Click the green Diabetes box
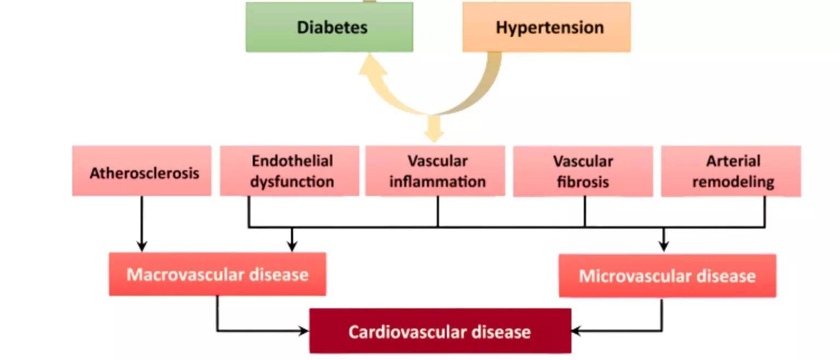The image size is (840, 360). [329, 27]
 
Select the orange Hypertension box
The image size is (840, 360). [546, 27]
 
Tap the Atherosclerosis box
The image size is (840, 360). [142, 171]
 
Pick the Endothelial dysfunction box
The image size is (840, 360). [289, 171]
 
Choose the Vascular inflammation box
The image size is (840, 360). [435, 171]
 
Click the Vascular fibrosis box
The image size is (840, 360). [583, 171]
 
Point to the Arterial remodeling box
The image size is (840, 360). [731, 171]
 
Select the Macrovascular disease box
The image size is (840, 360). [217, 274]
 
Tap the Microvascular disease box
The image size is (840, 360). [667, 275]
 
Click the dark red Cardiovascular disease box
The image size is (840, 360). [440, 331]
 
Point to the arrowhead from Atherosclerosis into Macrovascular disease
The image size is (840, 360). [142, 246]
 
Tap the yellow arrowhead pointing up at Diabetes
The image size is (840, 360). [372, 64]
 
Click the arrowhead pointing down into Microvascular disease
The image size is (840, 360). [663, 246]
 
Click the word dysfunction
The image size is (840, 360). [292, 182]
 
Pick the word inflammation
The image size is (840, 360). [437, 182]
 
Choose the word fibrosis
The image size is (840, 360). [583, 182]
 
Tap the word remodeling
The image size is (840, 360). [733, 182]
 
